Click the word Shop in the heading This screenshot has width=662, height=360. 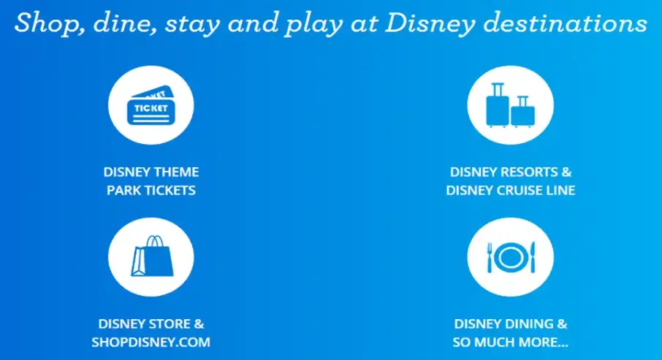pyautogui.click(x=45, y=23)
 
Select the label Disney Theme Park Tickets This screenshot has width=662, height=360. pyautogui.click(x=151, y=181)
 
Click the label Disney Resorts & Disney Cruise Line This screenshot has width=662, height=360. pyautogui.click(x=511, y=181)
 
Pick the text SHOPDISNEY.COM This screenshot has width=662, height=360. pyautogui.click(x=151, y=342)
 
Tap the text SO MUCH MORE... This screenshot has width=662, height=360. pyautogui.click(x=511, y=342)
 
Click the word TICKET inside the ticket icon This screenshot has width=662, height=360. pyautogui.click(x=151, y=109)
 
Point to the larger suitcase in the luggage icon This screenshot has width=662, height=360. pyautogui.click(x=497, y=105)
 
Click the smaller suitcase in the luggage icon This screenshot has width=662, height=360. pyautogui.click(x=522, y=112)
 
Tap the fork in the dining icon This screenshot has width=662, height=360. pyautogui.click(x=490, y=257)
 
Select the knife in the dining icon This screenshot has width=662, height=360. pyautogui.click(x=532, y=257)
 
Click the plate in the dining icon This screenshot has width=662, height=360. pyautogui.click(x=510, y=257)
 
